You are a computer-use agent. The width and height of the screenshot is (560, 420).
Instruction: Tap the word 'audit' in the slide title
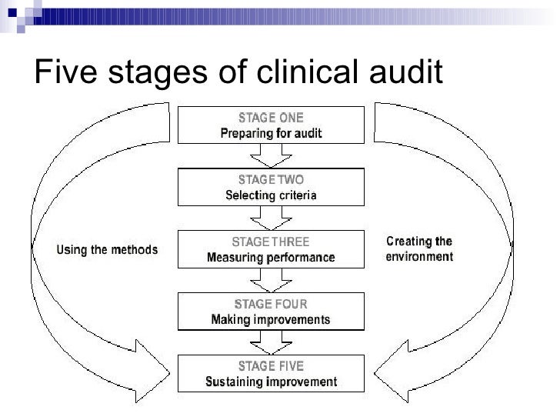click(403, 74)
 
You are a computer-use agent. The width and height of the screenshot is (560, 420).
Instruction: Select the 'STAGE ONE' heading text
click(271, 118)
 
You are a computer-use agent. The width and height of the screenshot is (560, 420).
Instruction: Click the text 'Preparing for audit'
click(271, 133)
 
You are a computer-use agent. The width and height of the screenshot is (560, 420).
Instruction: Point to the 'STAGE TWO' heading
click(271, 180)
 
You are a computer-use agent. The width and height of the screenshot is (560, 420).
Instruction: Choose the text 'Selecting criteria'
click(271, 195)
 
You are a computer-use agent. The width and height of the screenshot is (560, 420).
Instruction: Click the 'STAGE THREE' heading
click(271, 242)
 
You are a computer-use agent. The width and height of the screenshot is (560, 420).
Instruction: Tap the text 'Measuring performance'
click(271, 257)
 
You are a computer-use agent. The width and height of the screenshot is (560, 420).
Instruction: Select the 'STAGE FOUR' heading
click(271, 304)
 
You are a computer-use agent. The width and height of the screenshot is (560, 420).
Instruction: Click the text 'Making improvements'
click(271, 318)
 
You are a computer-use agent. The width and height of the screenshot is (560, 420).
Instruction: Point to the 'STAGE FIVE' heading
click(271, 365)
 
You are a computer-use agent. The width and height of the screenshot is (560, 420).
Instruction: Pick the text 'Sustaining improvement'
click(271, 381)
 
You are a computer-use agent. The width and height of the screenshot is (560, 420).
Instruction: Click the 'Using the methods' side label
click(107, 249)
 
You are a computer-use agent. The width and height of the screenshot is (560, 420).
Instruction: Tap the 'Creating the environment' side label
click(418, 248)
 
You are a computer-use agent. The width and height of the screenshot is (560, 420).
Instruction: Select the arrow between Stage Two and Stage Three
click(271, 219)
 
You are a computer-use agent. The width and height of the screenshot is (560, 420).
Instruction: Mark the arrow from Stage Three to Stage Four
click(271, 282)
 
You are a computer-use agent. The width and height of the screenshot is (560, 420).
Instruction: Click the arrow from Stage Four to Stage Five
click(271, 343)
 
